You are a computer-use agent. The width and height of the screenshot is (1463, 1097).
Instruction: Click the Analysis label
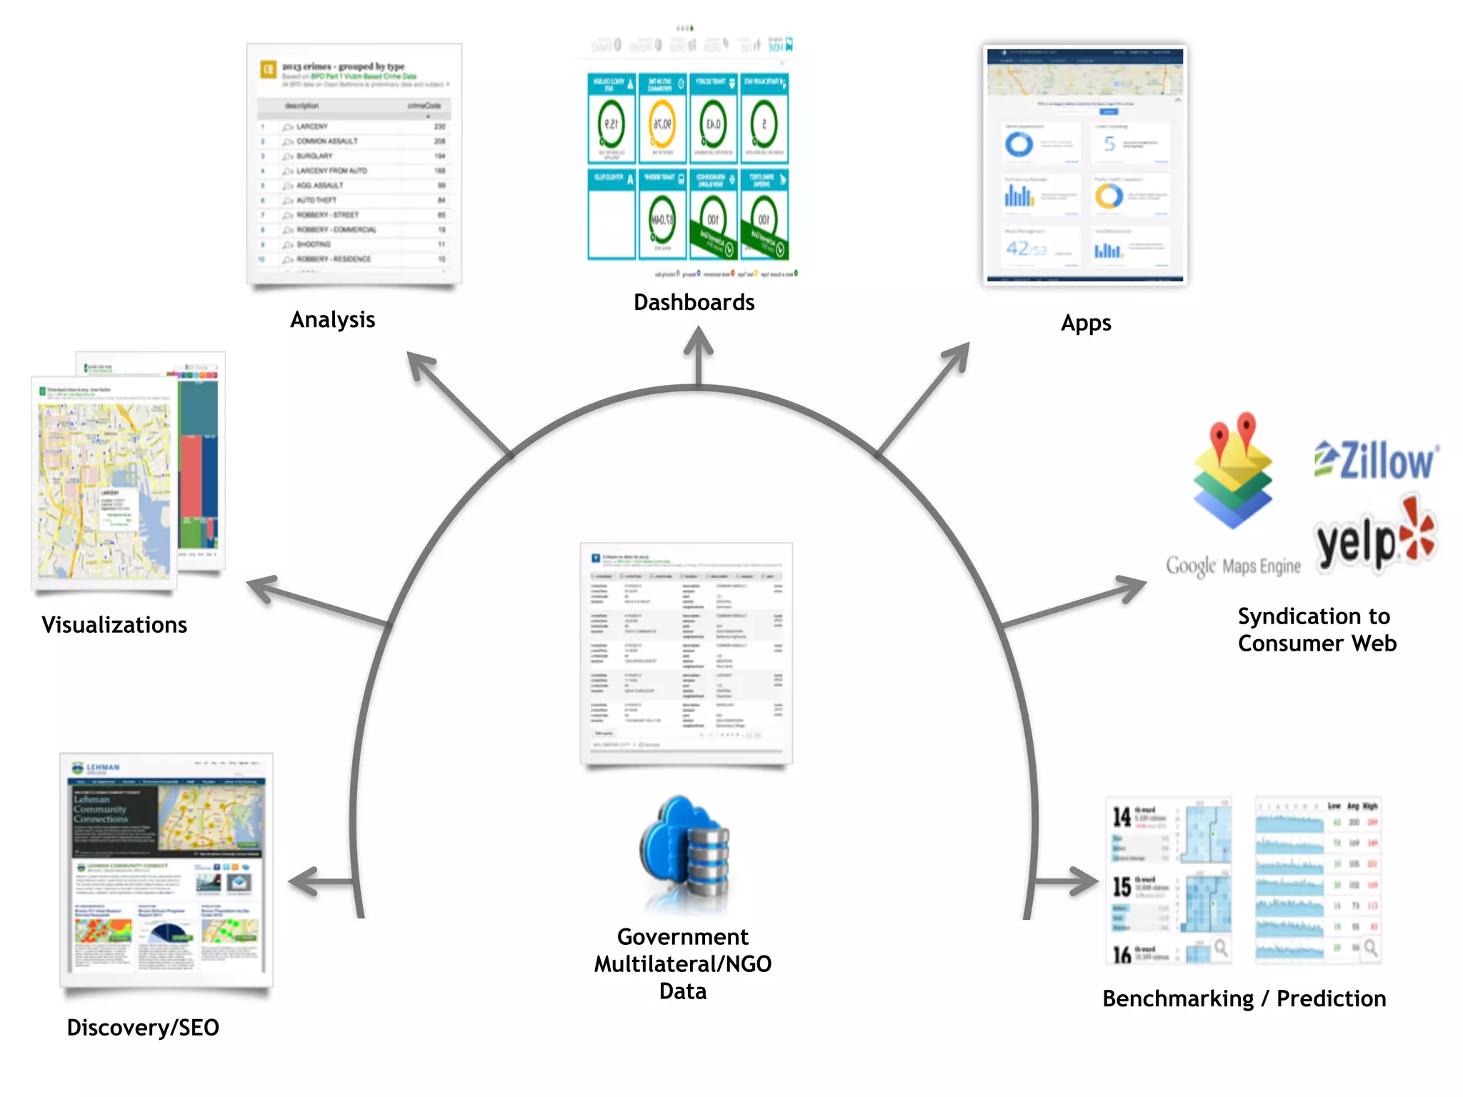click(332, 319)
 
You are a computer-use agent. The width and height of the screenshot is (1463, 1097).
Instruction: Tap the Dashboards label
click(694, 302)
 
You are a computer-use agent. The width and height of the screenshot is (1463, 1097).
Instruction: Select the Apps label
click(1085, 323)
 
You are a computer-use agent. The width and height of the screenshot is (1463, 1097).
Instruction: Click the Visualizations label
click(114, 625)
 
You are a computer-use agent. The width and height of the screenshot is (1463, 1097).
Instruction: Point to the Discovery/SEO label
click(143, 1027)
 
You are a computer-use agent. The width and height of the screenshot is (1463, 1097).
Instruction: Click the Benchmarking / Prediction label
click(1244, 998)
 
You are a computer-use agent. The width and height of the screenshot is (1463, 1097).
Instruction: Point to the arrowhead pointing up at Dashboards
click(698, 341)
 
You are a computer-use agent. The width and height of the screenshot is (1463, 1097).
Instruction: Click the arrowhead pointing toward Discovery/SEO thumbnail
click(304, 882)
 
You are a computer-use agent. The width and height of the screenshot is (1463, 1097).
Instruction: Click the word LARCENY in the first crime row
click(312, 126)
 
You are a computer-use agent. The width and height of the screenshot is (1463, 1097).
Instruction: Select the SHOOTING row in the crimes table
click(314, 244)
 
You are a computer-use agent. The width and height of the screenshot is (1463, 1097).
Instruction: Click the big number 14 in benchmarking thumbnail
click(1122, 816)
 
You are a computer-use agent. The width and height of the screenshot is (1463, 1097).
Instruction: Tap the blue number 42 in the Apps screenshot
click(1017, 248)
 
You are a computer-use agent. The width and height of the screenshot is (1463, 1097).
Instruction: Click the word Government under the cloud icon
click(682, 936)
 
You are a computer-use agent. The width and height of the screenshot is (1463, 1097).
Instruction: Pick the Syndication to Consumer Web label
click(1316, 630)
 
